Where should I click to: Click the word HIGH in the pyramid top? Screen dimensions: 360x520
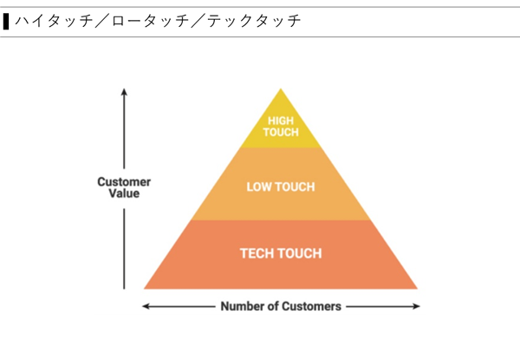tap(281, 121)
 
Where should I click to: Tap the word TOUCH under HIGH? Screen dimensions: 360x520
tap(281, 133)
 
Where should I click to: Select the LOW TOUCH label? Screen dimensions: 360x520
tap(281, 187)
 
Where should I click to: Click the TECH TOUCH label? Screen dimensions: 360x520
tap(281, 253)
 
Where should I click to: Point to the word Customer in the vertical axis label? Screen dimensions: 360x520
tap(124, 182)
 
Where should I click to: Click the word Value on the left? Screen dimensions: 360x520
tap(124, 194)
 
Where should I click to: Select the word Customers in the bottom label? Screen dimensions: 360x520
tap(313, 306)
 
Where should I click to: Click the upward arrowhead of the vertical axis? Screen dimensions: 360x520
tap(124, 91)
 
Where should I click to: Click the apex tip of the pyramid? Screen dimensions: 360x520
tap(281, 89)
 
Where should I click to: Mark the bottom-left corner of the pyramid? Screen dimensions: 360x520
tap(146, 287)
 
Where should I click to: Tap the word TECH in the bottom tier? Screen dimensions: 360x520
tap(257, 253)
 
